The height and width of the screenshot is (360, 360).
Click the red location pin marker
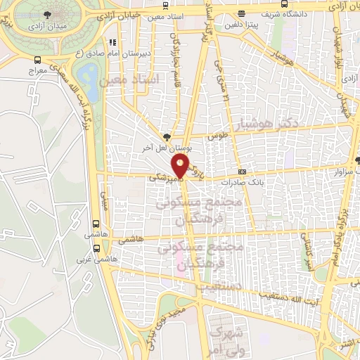[181, 167]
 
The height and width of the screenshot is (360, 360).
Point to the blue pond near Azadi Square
[88, 72]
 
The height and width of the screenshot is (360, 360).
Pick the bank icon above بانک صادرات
[243, 171]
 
